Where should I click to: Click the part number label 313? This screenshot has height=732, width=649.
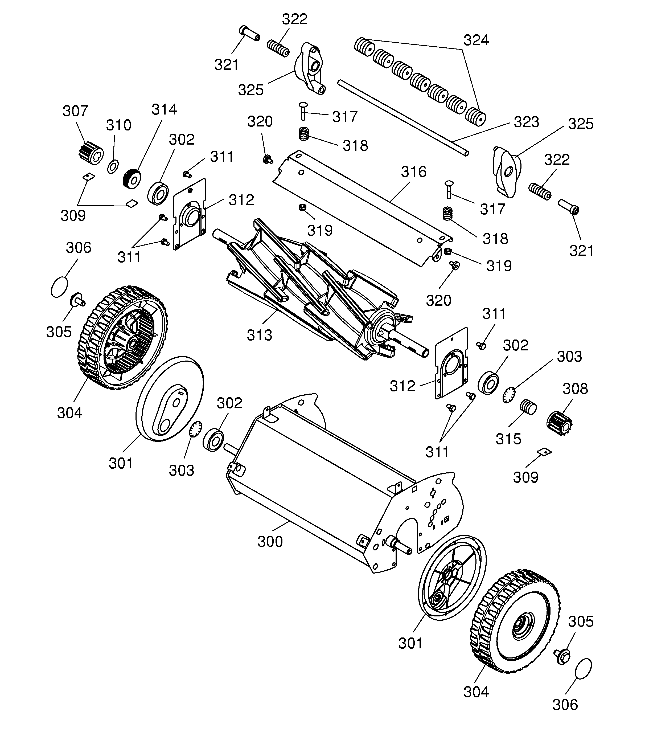tap(260, 335)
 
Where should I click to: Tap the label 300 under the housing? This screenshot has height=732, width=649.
tap(270, 542)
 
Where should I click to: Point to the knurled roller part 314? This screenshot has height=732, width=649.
tap(132, 179)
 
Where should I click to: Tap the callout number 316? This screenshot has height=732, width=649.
tap(413, 172)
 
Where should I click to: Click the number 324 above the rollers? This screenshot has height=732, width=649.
tap(476, 40)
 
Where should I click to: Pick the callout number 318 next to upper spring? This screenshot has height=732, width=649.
tap(355, 146)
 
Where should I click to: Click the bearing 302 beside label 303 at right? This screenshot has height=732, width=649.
tap(488, 383)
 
